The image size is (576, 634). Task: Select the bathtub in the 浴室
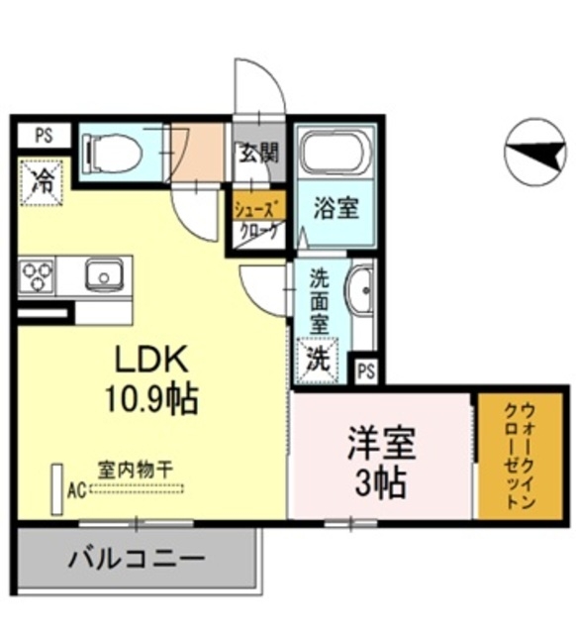click(336, 152)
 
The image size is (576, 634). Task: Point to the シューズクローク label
click(257, 219)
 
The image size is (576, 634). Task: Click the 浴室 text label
click(336, 209)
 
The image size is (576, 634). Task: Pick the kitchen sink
click(103, 272)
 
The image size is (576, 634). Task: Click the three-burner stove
click(38, 272)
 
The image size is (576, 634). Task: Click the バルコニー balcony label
click(137, 559)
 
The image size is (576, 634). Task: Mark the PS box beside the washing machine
click(366, 371)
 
